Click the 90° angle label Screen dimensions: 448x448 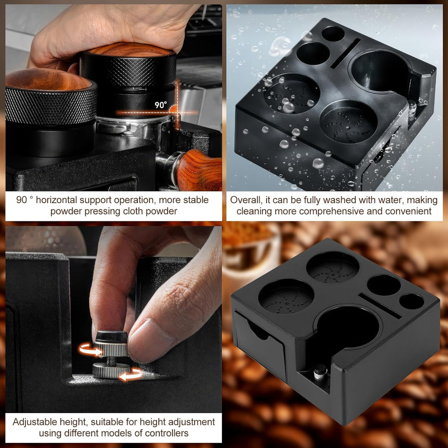coord(161,105)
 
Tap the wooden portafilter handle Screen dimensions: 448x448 coord(199,170)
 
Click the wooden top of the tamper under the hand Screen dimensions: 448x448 coord(130,49)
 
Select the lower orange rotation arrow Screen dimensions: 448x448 coord(131,374)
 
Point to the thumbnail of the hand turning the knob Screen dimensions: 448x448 coord(113,320)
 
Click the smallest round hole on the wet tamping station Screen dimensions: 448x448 coord(333,34)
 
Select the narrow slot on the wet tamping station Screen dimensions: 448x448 coord(345,53)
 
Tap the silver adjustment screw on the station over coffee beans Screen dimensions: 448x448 coord(320,373)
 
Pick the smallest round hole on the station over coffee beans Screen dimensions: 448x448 coord(412,302)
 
